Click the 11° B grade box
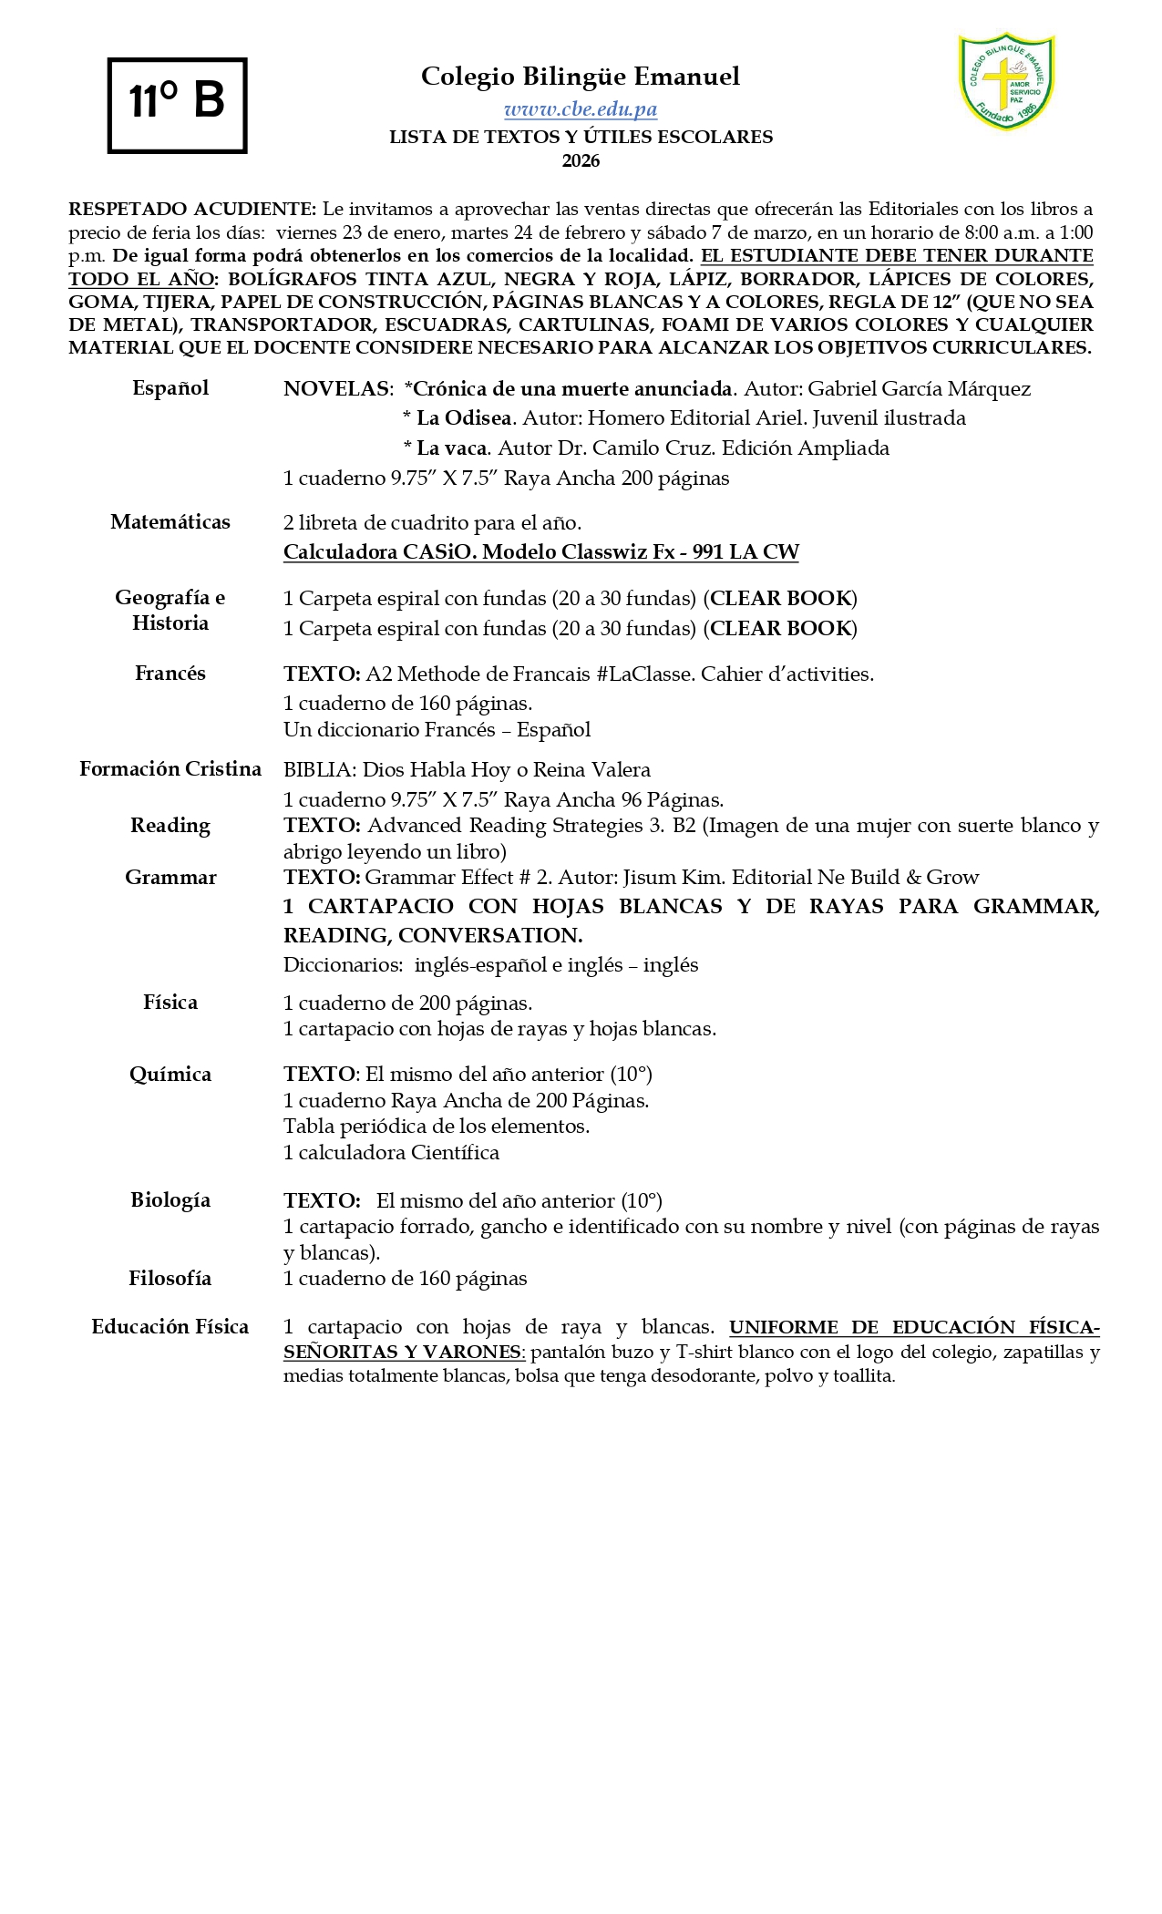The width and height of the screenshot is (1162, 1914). pyautogui.click(x=177, y=105)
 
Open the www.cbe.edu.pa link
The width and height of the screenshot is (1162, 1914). pyautogui.click(x=581, y=109)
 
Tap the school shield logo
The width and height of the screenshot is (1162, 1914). pyautogui.click(x=1006, y=81)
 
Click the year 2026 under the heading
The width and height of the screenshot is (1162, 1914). pyautogui.click(x=581, y=161)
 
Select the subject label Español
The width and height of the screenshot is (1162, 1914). pyautogui.click(x=170, y=388)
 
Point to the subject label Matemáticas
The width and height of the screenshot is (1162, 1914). pyautogui.click(x=170, y=522)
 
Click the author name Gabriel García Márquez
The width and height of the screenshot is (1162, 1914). pyautogui.click(x=920, y=389)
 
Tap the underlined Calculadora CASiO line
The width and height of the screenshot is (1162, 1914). pyautogui.click(x=540, y=552)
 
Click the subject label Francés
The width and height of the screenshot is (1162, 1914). pyautogui.click(x=170, y=674)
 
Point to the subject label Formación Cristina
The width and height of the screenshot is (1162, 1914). pyautogui.click(x=170, y=769)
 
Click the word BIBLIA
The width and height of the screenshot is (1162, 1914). pyautogui.click(x=319, y=770)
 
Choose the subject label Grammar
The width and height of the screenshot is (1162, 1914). pyautogui.click(x=170, y=878)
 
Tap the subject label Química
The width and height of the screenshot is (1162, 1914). pyautogui.click(x=170, y=1075)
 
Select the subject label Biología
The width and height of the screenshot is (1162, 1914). pyautogui.click(x=170, y=1200)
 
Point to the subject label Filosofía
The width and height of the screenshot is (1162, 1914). pyautogui.click(x=170, y=1279)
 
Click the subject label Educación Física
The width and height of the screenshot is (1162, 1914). pyautogui.click(x=170, y=1327)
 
